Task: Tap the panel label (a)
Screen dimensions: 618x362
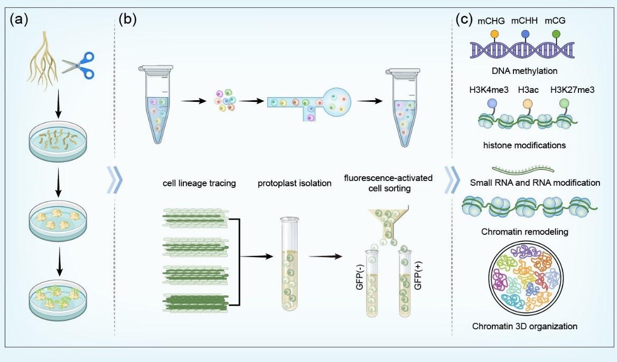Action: (18, 20)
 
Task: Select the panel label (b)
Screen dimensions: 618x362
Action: (128, 20)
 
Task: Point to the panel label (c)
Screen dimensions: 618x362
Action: (464, 20)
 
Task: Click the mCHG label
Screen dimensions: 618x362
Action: (491, 21)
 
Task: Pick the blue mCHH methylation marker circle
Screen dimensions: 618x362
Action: (526, 34)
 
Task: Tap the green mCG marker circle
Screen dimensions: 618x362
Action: (556, 34)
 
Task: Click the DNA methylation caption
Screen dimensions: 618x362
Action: (525, 71)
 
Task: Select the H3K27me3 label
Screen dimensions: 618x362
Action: (572, 90)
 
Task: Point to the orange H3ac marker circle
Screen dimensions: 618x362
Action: (527, 103)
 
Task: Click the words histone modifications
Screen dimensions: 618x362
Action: (524, 145)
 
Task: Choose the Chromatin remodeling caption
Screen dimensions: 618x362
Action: (525, 232)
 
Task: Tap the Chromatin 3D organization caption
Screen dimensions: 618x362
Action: (525, 326)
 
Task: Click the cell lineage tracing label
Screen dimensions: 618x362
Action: (199, 183)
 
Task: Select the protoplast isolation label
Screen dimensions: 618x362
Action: (294, 183)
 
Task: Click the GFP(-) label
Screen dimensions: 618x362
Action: (360, 278)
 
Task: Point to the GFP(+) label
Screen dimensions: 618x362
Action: (418, 278)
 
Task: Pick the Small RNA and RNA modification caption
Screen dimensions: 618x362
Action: (535, 183)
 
